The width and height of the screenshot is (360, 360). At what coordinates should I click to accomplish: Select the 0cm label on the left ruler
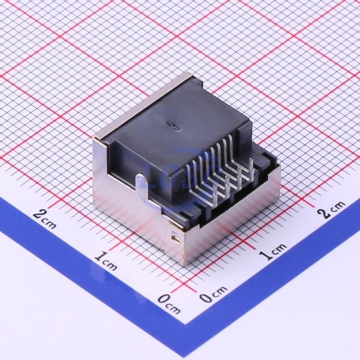point(170,304)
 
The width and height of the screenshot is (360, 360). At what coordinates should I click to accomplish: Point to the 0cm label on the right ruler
point(213,295)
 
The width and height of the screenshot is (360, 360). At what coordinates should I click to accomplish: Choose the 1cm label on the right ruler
point(273,251)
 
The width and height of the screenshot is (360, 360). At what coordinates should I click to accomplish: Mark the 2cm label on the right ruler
point(331,209)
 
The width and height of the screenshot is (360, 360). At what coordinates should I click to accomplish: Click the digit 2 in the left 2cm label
point(38,215)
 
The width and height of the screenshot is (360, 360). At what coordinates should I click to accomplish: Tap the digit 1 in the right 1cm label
point(265,255)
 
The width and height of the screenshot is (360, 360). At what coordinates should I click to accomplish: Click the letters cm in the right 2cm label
point(337,206)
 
